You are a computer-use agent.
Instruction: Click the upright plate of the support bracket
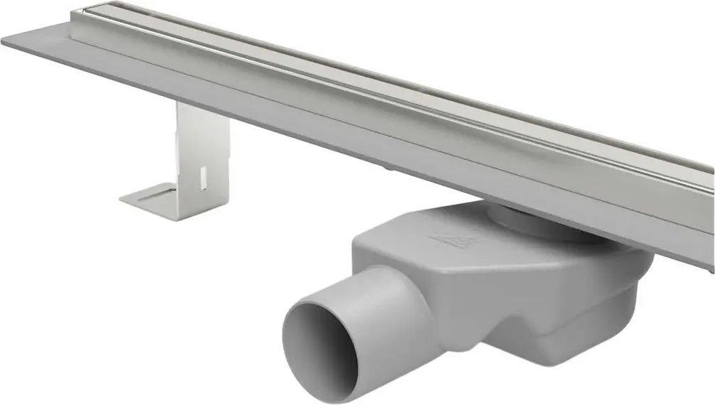202,149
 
